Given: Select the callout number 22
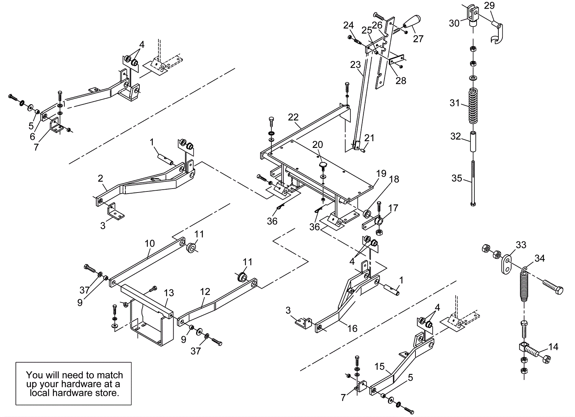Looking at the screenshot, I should point(293,117).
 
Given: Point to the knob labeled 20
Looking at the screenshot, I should point(322,166).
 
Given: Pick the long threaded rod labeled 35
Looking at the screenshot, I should point(473,181).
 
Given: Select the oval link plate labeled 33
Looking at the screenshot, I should point(506,264).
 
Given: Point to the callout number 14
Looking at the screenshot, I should point(553,347).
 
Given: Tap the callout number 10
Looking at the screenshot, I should point(149,244).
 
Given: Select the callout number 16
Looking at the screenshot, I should point(353,328).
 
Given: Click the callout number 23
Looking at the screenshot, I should point(355,65).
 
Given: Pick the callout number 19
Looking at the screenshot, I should point(381,173).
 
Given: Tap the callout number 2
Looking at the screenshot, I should point(101,178).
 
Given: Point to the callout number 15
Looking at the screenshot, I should point(379,367).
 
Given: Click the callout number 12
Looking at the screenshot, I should point(205,292).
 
